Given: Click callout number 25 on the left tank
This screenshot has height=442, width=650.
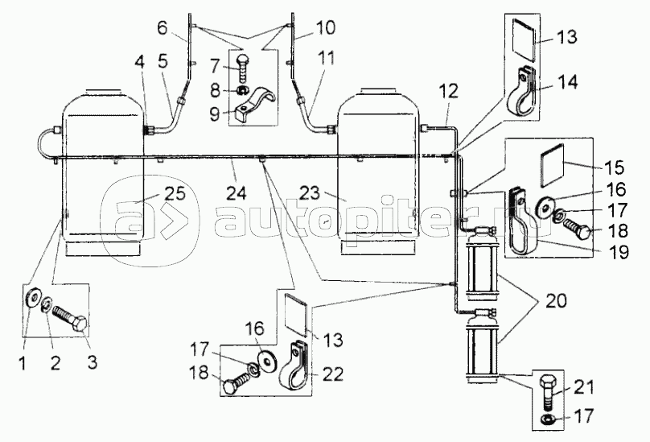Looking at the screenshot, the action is click(175, 193).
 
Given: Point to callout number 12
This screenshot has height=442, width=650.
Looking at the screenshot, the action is click(448, 91).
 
